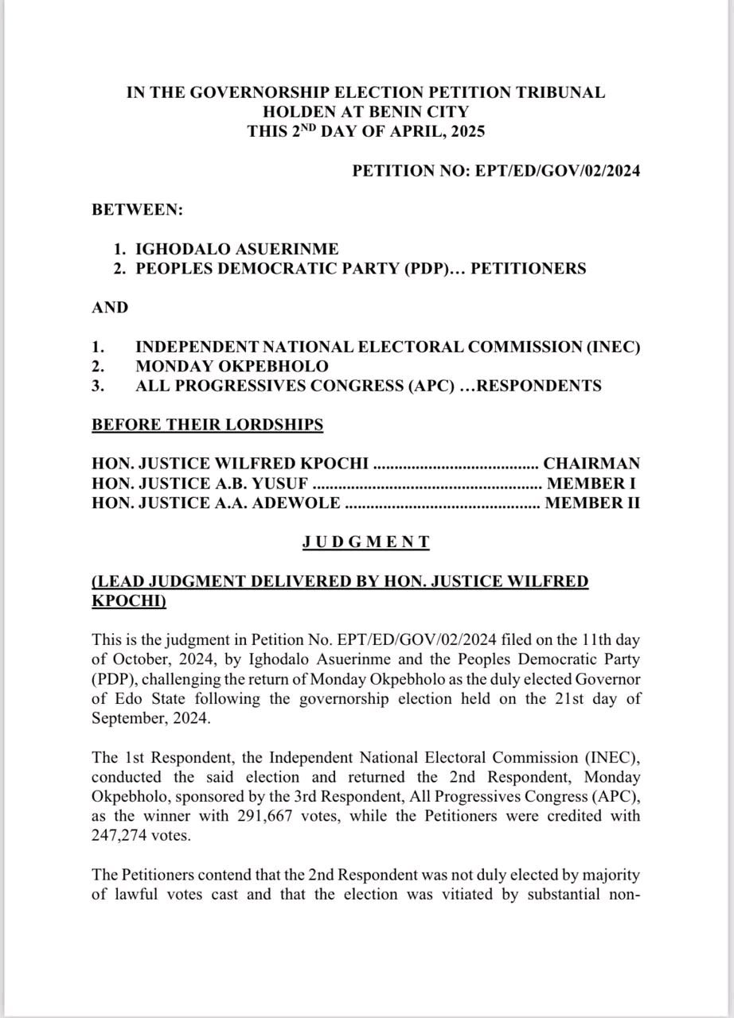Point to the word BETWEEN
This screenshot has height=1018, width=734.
[x=137, y=210]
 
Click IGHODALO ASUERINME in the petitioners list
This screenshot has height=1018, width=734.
[x=236, y=249]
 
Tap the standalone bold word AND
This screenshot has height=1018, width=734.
[x=110, y=308]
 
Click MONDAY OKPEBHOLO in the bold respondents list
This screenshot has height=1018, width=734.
[x=232, y=367]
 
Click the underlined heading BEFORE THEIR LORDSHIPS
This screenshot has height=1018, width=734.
[x=208, y=425]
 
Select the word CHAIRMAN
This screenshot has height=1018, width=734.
[x=591, y=464]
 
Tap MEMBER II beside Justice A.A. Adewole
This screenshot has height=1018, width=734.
[x=592, y=503]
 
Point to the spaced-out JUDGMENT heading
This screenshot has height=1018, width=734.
[x=366, y=542]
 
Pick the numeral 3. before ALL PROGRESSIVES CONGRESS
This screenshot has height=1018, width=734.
[x=99, y=387]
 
